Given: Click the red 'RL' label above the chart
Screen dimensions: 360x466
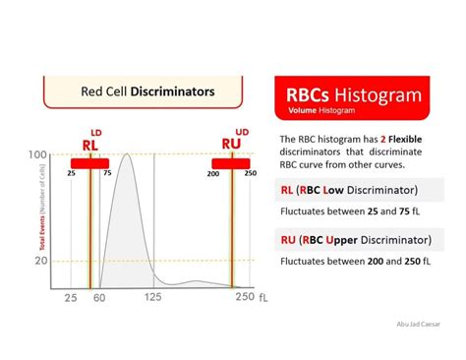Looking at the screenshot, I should click(x=89, y=145).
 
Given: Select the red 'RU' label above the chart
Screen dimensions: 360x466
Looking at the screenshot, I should click(x=232, y=144).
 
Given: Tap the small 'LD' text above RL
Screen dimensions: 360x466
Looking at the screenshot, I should click(x=96, y=131).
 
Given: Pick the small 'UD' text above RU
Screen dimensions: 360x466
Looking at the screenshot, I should click(x=242, y=131).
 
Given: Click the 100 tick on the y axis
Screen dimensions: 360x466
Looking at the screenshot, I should click(x=38, y=155).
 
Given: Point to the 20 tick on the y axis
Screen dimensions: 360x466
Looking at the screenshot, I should click(x=40, y=261).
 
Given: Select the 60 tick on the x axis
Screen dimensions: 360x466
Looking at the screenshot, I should click(x=97, y=297).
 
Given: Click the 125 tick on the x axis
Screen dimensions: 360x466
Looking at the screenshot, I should click(x=153, y=297).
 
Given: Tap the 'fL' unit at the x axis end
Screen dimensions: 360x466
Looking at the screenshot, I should click(x=262, y=297).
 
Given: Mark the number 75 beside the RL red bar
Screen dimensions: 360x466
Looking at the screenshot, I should click(x=106, y=173).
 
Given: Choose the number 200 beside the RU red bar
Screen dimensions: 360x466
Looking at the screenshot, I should click(x=212, y=173).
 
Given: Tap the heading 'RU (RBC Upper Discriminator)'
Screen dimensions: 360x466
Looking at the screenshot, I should click(x=353, y=240).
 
